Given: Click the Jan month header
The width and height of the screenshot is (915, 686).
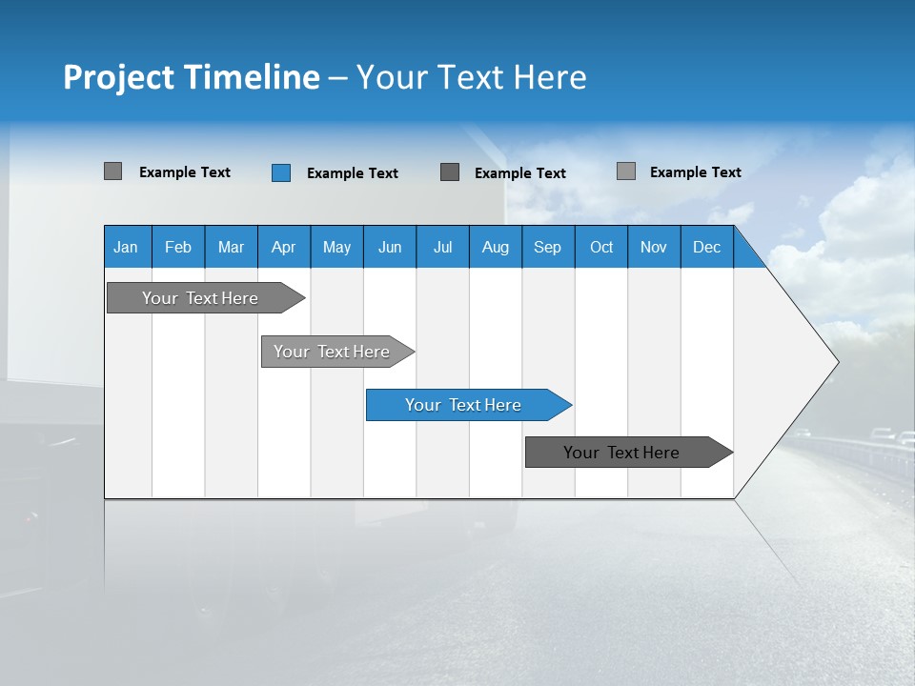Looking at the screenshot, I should click(x=127, y=247).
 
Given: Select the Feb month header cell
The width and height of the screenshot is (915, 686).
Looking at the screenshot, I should click(x=178, y=247).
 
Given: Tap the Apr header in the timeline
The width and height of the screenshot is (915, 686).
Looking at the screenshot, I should click(x=284, y=247).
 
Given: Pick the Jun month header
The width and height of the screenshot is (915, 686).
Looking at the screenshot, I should click(x=390, y=247).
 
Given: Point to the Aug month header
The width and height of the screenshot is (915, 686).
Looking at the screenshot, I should click(x=496, y=247).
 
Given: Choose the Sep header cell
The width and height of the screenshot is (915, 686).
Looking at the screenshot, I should click(x=548, y=247).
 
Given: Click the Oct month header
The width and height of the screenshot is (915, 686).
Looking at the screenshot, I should click(x=601, y=247).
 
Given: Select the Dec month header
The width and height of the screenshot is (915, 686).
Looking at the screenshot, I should click(x=707, y=247).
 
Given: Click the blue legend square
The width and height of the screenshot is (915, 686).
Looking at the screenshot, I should click(x=281, y=172).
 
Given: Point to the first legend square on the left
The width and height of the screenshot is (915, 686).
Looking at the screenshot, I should click(x=113, y=171).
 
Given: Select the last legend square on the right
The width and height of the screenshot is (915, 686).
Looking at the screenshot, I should click(x=626, y=171).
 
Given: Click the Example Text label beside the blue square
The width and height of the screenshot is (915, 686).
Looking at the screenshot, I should click(x=353, y=173).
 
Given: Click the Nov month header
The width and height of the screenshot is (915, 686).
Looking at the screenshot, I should click(x=654, y=247).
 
